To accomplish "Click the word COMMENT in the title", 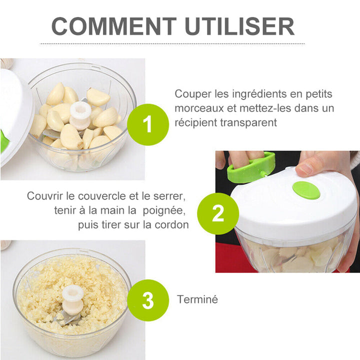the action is point(114,26).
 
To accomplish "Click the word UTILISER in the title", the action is point(239,26).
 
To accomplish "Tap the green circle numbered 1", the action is point(148,124).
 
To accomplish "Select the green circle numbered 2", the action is point(218,213).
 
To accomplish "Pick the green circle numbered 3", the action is point(148,300).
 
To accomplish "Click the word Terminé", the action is point(197,299).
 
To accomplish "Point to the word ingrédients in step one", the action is point(250,94).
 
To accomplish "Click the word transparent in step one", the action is point(248,122).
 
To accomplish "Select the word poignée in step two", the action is point(164,211).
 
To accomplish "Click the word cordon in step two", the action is point(171,225).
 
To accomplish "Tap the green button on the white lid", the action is point(306,190).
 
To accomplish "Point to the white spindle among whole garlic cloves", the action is point(80,116).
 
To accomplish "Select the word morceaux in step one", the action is point(199,108).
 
